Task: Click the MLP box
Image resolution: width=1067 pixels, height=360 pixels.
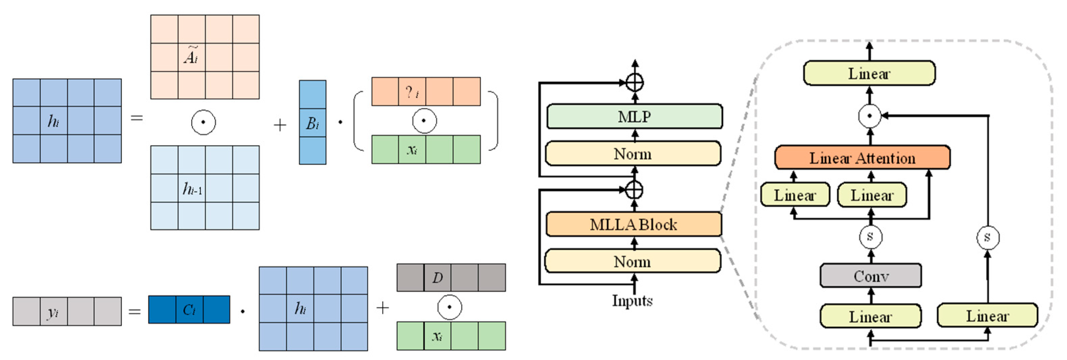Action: [634, 116]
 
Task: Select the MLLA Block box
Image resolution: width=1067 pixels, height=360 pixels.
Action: [633, 224]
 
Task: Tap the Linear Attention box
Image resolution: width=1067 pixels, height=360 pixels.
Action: [862, 158]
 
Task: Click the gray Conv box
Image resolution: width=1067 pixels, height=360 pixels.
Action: [871, 276]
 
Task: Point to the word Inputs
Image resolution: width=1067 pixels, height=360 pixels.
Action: [632, 300]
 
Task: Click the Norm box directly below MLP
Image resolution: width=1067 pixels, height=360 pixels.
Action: [633, 154]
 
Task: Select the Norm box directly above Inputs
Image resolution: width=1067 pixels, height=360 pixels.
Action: [633, 261]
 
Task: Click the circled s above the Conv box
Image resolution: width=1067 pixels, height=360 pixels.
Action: [870, 237]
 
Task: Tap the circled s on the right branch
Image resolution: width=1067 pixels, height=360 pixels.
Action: [987, 238]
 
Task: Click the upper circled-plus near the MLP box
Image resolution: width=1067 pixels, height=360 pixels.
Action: [635, 82]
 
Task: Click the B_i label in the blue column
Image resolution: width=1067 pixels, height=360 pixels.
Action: [312, 123]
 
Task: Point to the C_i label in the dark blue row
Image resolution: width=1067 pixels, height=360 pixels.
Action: [189, 309]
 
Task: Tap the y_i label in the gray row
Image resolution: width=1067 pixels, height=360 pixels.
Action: [53, 311]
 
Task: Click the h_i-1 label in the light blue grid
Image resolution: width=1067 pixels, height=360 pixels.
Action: [192, 189]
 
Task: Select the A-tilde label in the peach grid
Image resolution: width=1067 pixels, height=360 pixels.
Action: [191, 56]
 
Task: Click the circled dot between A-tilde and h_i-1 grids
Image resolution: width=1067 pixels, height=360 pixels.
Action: [203, 122]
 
